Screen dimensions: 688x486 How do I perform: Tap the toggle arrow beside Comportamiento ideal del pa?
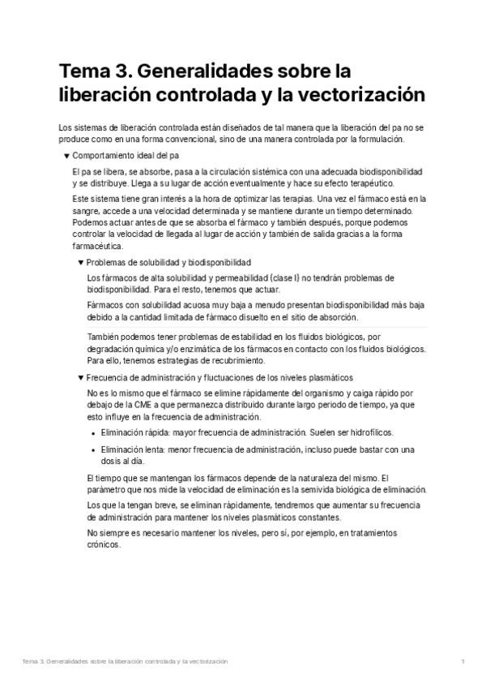[66, 154]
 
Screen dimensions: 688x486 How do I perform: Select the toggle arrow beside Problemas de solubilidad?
[80, 263]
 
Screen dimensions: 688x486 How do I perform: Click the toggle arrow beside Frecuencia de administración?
[80, 378]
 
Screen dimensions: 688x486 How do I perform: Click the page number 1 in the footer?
[463, 662]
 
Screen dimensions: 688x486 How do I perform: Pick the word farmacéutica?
[97, 246]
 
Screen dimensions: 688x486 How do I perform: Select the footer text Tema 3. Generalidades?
[65, 662]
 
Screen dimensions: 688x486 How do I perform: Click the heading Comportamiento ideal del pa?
[126, 154]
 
